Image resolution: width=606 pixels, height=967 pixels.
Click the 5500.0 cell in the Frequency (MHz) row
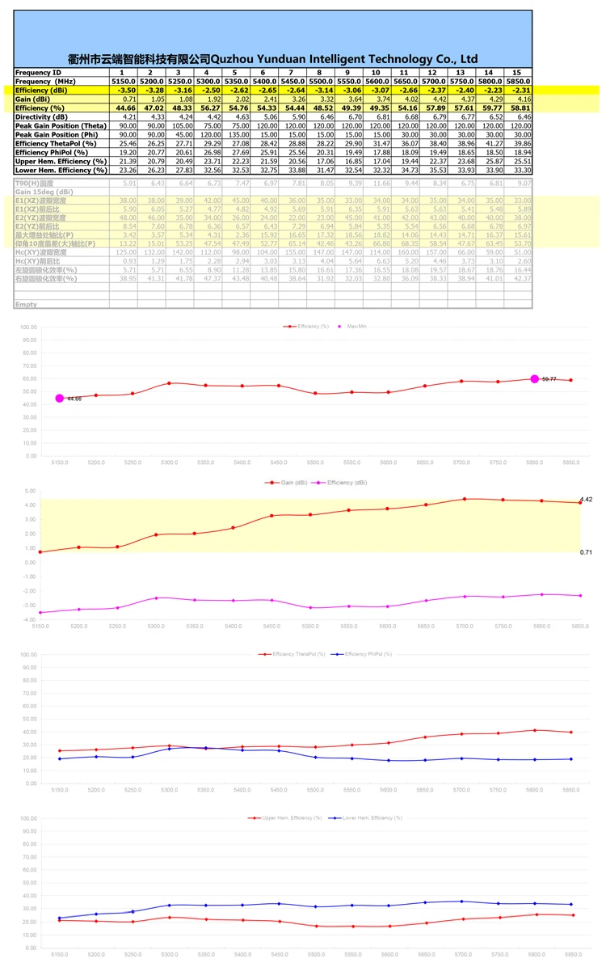[321, 82]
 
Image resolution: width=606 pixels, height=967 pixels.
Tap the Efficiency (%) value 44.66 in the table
[123, 108]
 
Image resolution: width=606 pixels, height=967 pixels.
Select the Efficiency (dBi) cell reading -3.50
[123, 91]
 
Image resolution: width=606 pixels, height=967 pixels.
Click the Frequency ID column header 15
[517, 73]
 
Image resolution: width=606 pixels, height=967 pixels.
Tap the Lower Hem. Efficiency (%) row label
[61, 170]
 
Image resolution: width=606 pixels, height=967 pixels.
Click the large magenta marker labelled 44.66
[60, 398]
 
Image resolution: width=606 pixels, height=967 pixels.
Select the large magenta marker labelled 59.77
[533, 378]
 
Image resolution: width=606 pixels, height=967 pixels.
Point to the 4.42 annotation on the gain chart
[587, 500]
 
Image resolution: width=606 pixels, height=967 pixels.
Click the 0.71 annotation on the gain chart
[587, 551]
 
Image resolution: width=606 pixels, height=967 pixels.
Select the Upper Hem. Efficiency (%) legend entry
[283, 817]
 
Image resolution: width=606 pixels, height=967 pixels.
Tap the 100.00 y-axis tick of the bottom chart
[28, 818]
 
